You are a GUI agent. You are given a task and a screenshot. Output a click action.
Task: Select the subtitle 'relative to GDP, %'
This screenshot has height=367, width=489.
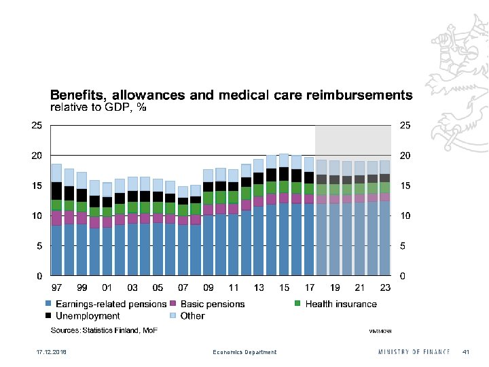pyautogui.click(x=100, y=107)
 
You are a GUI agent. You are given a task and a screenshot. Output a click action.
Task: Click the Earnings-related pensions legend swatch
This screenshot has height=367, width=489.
pyautogui.click(x=48, y=304)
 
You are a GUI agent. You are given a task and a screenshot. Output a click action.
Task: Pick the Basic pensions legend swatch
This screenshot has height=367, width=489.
pyautogui.click(x=173, y=304)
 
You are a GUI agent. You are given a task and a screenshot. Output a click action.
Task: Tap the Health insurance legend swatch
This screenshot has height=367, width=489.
pyautogui.click(x=298, y=304)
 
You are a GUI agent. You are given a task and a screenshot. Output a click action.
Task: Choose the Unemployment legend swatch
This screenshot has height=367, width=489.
pyautogui.click(x=48, y=316)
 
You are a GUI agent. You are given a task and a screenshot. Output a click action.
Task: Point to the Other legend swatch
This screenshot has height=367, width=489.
pyautogui.click(x=173, y=316)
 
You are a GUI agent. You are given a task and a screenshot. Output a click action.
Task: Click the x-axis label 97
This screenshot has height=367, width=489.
pyautogui.click(x=56, y=288)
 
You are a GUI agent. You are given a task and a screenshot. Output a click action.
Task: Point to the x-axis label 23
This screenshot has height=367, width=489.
pyautogui.click(x=385, y=288)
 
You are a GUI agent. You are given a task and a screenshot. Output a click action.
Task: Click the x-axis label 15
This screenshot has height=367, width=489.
pyautogui.click(x=284, y=288)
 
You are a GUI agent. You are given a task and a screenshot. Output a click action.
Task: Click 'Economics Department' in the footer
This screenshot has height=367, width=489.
pyautogui.click(x=244, y=352)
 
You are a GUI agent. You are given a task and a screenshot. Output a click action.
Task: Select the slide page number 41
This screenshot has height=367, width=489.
pyautogui.click(x=466, y=352)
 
